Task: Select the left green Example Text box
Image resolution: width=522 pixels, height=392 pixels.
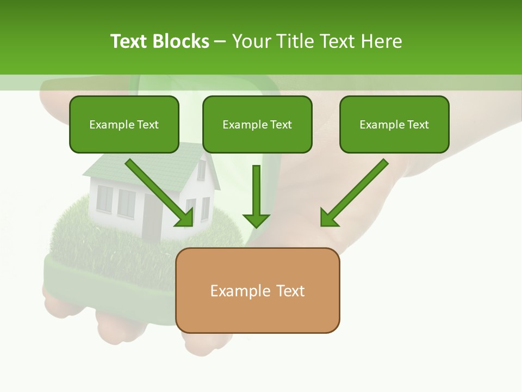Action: coord(124,125)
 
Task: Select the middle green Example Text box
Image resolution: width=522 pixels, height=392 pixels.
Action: coord(257,125)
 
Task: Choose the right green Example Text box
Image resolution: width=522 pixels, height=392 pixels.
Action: coord(394,125)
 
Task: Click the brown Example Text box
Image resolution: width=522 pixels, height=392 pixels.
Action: coord(257,291)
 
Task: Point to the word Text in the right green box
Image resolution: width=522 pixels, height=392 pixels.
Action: coord(418,125)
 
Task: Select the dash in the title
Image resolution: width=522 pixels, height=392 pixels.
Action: coord(221,42)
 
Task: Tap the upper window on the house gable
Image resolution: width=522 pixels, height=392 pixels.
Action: coord(201,170)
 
